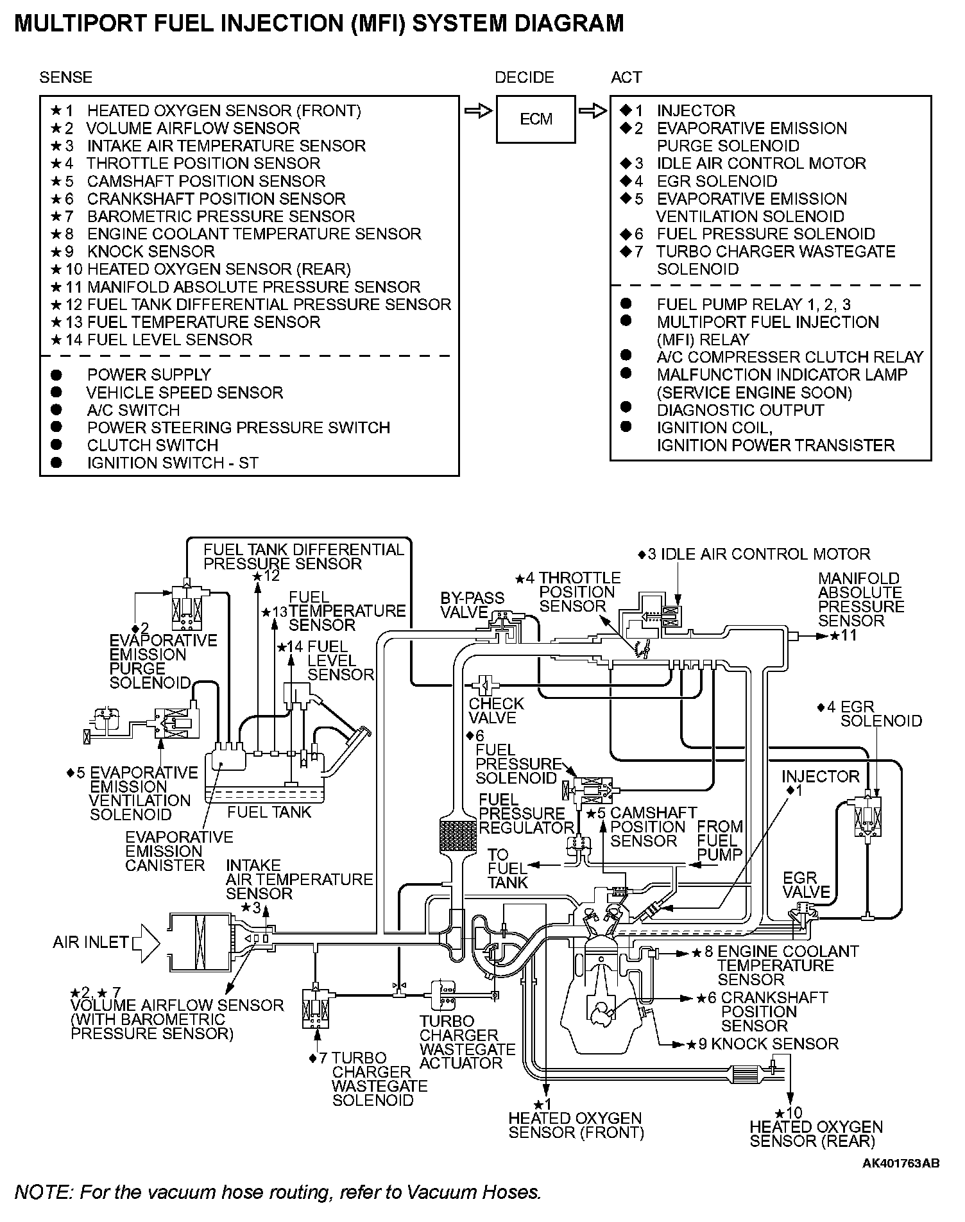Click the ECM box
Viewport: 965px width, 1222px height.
[536, 119]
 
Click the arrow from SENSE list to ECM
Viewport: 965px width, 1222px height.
[477, 111]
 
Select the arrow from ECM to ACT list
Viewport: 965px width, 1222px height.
[592, 111]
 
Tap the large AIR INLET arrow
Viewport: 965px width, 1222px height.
[146, 942]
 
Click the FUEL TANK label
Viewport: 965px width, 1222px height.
[269, 813]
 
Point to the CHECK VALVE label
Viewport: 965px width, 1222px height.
[496, 710]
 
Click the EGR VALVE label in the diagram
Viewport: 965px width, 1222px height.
[807, 884]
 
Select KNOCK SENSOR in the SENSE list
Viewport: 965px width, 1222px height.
[151, 252]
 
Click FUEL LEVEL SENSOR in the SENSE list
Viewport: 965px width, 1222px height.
[169, 340]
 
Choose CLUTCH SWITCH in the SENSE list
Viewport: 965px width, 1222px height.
[153, 445]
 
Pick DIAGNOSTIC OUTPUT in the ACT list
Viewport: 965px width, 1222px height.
[740, 410]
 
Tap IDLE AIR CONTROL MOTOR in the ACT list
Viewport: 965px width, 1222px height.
[761, 164]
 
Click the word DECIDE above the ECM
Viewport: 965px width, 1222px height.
[524, 78]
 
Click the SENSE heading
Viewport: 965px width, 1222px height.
[65, 78]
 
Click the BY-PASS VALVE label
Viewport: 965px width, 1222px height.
[472, 605]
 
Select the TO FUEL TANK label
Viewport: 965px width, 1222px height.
[507, 868]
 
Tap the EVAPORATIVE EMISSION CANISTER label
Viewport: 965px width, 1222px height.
[178, 851]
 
